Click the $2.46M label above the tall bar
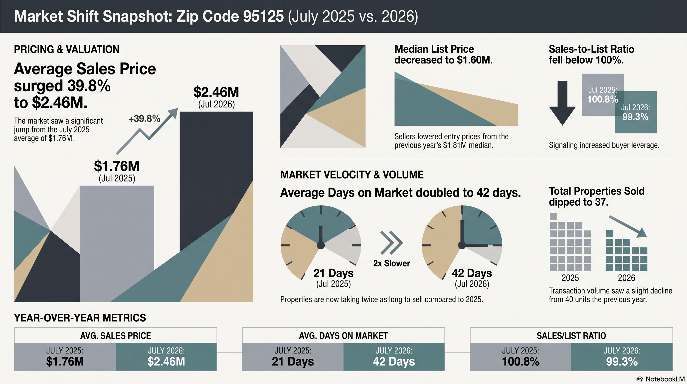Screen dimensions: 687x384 point(216,92)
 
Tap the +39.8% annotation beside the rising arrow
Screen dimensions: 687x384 point(144,118)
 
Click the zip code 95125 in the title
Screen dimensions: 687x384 point(263,16)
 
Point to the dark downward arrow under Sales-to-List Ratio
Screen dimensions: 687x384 point(562,103)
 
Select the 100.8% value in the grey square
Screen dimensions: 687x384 point(603,99)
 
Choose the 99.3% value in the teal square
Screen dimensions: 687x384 point(635,117)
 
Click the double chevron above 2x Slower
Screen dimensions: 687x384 point(391,242)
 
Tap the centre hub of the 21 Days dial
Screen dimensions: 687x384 point(321,245)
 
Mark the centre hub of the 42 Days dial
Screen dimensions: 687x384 point(462,245)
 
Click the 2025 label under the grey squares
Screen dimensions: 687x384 point(570,278)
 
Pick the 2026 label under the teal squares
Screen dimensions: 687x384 point(626,278)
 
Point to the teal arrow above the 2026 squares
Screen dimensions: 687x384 point(628,226)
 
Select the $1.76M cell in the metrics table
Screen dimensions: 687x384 point(65,357)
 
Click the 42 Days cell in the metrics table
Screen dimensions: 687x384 point(394,357)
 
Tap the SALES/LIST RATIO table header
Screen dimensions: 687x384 point(571,336)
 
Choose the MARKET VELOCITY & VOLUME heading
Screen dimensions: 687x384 point(352,175)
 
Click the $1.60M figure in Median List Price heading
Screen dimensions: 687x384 point(475,60)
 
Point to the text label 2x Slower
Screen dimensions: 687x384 point(391,263)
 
